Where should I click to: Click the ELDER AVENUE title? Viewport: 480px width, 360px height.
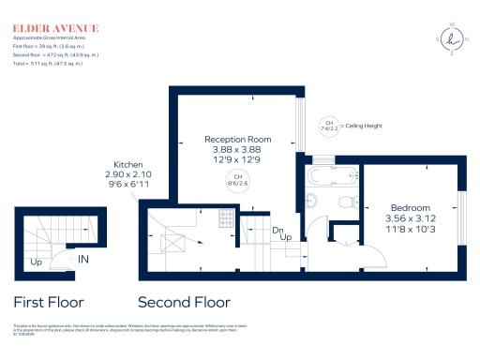(x=54, y=29)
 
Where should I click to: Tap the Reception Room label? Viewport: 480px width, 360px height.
(x=238, y=140)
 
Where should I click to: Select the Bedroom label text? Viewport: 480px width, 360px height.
(x=409, y=207)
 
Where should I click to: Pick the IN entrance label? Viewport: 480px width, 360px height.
(x=83, y=259)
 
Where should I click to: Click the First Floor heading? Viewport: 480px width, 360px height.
(x=48, y=303)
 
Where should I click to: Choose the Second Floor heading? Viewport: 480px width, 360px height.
(x=184, y=303)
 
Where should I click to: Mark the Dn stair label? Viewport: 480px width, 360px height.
(x=277, y=230)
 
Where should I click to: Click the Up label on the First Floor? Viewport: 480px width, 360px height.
(x=36, y=262)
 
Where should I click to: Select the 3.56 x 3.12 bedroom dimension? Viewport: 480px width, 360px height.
(x=409, y=217)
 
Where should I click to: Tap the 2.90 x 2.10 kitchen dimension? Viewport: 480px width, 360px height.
(x=127, y=175)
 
